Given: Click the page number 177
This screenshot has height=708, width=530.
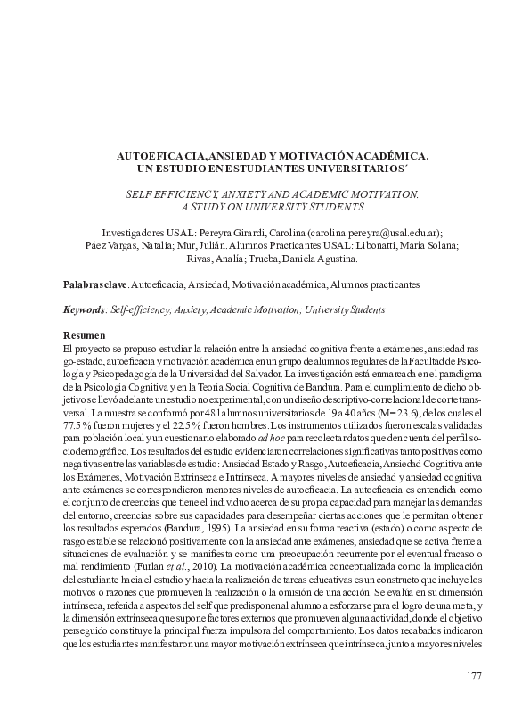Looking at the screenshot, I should click(x=474, y=676).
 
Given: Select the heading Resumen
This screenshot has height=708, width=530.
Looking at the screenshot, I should click(x=83, y=332).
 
